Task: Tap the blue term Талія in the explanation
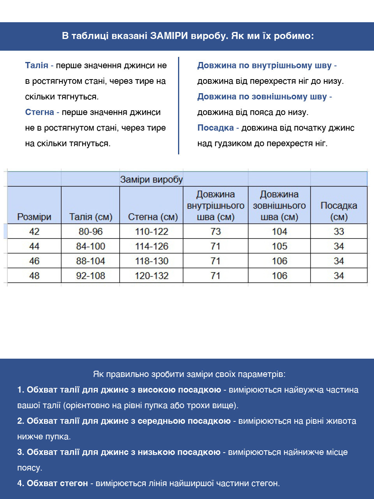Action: pos(37,65)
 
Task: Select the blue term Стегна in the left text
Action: pos(39,112)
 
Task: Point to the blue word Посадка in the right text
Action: pos(215,128)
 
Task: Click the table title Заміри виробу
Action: pos(151,180)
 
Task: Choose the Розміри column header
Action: pos(34,217)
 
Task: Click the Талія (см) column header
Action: pos(90,217)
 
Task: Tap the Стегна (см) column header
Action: pos(152,217)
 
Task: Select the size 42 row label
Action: pos(34,232)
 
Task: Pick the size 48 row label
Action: pos(34,276)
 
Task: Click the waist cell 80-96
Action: pos(90,232)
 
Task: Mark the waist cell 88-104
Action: pos(90,261)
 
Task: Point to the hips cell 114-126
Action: pos(152,246)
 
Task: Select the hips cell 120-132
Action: pos(152,276)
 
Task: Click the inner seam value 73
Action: pos(215,232)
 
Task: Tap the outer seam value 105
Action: pos(279,246)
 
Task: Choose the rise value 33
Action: pos(339,232)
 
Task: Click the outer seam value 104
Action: pos(279,232)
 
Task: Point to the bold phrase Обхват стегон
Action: pos(57,483)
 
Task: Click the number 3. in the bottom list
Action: pos(21,452)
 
